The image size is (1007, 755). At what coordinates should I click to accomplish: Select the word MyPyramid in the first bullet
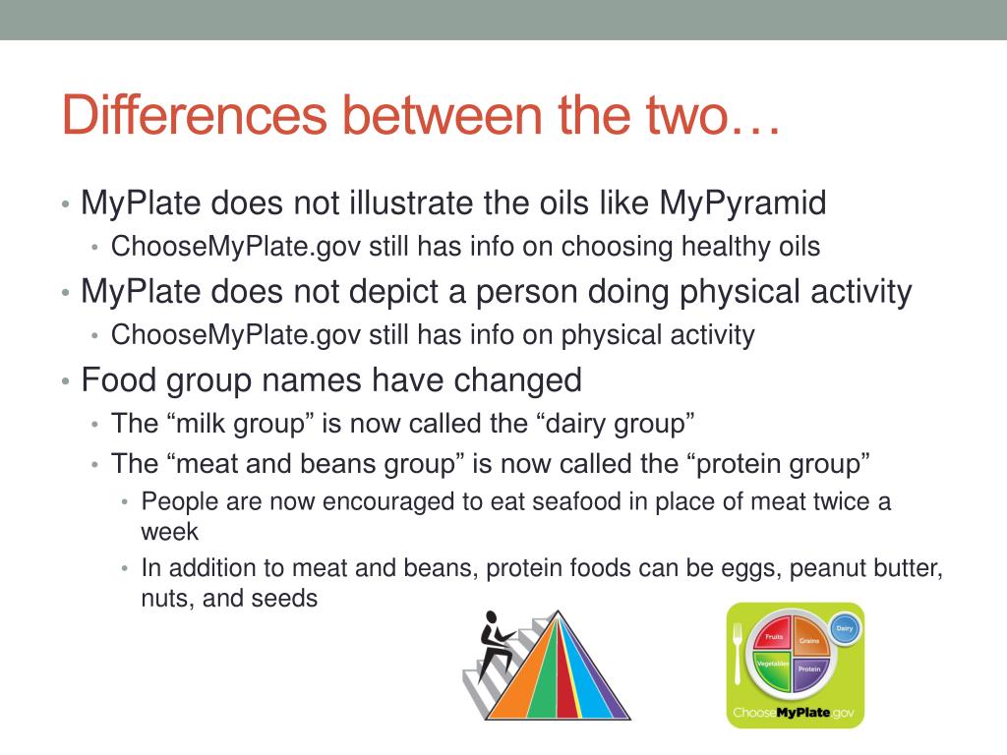pyautogui.click(x=742, y=203)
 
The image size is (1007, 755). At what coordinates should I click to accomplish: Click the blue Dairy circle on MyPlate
pyautogui.click(x=845, y=628)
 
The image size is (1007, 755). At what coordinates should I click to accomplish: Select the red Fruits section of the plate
pyautogui.click(x=773, y=636)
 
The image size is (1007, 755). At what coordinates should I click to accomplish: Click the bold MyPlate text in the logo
pyautogui.click(x=802, y=713)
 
